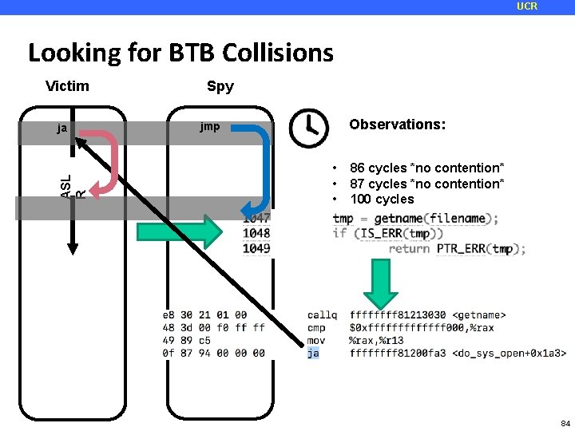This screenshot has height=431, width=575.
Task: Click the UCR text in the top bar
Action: click(527, 6)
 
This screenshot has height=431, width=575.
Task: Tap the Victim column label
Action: click(67, 85)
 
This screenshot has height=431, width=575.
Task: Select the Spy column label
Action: click(220, 86)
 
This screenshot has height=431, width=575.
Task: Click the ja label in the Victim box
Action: click(61, 127)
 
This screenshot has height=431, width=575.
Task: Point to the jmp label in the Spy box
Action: click(210, 127)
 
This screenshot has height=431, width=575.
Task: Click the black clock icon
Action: click(307, 128)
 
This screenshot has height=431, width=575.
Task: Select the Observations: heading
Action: click(397, 125)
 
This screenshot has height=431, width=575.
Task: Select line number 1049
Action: click(256, 248)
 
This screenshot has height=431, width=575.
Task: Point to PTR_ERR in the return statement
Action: click(462, 248)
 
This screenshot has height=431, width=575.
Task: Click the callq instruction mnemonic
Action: click(322, 315)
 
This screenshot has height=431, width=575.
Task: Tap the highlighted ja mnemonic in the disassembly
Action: click(313, 353)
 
